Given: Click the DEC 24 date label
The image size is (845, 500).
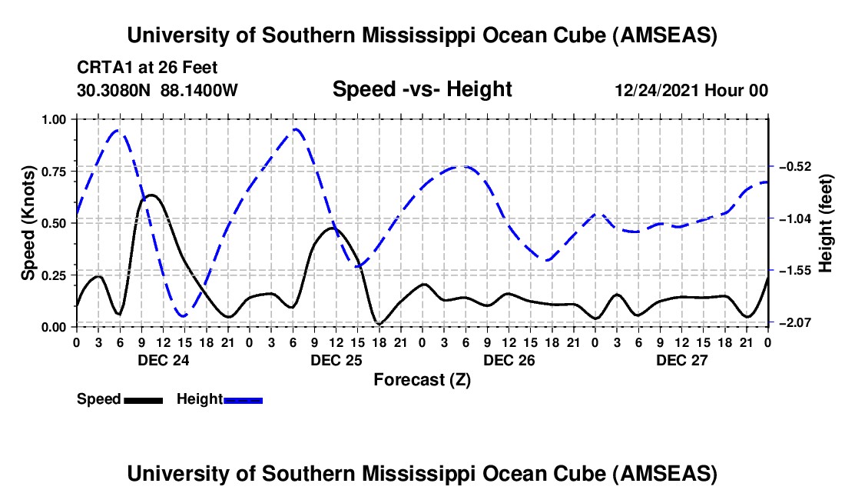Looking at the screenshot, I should (163, 360).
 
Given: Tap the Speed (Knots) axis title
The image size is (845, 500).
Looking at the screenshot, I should (28, 223).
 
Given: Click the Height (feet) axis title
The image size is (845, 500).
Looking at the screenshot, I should (827, 223).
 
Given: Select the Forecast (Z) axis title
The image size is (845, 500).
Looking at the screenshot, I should (422, 379).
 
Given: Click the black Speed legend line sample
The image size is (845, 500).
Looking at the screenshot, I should (144, 399).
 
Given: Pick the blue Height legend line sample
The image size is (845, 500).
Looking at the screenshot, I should (243, 399).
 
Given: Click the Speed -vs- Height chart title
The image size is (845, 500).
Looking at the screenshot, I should (422, 89).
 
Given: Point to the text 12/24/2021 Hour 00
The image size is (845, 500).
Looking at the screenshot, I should (691, 90).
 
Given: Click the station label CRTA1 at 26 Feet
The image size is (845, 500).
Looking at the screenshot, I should (147, 68).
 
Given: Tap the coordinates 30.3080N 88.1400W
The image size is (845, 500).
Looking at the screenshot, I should (157, 90).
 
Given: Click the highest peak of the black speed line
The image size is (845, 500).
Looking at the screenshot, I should (151, 195).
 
